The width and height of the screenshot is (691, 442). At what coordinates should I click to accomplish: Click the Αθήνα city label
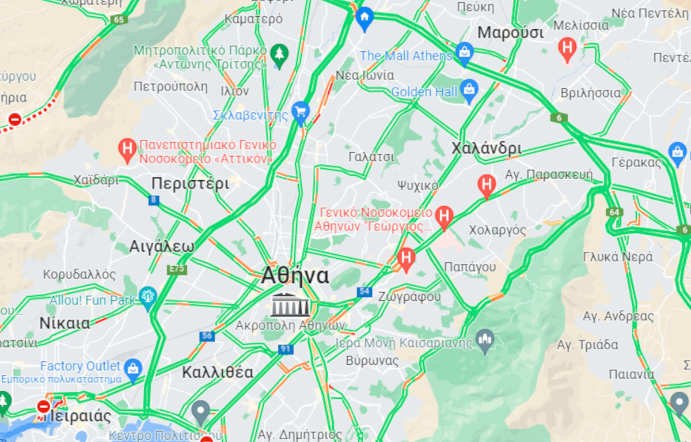pos(295,276)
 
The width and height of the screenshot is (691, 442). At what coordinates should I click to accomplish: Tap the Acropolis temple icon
pos(290,305)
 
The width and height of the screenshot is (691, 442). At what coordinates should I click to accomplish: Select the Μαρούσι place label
pos(510,32)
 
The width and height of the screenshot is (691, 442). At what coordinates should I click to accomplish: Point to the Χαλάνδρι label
pos(487,148)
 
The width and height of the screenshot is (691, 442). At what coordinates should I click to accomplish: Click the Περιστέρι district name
pos(190,184)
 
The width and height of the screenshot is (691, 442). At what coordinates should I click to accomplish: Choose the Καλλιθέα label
pos(218,372)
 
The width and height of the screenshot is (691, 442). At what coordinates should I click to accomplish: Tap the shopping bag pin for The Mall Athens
pos(464,54)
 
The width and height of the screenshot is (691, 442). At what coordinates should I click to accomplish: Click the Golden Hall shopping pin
pos(469,90)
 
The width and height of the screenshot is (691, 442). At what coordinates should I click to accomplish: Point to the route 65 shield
pos(119,20)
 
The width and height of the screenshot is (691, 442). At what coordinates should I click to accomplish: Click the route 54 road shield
pos(363,292)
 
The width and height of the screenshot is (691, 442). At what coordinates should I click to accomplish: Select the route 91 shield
pos(286,349)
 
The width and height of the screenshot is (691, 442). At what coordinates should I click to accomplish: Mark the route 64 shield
pos(614,213)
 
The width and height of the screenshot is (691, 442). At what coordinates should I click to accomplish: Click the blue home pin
pos(364,18)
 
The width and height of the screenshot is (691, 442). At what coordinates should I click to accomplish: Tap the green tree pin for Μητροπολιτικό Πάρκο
pos(280,55)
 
